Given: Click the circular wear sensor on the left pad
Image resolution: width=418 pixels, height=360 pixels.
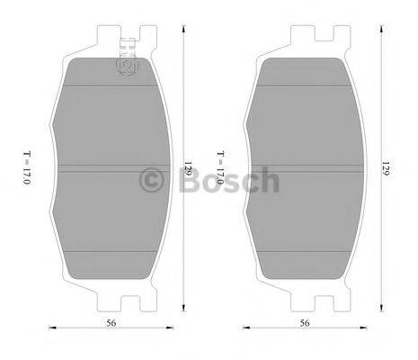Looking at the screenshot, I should click(x=127, y=67).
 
